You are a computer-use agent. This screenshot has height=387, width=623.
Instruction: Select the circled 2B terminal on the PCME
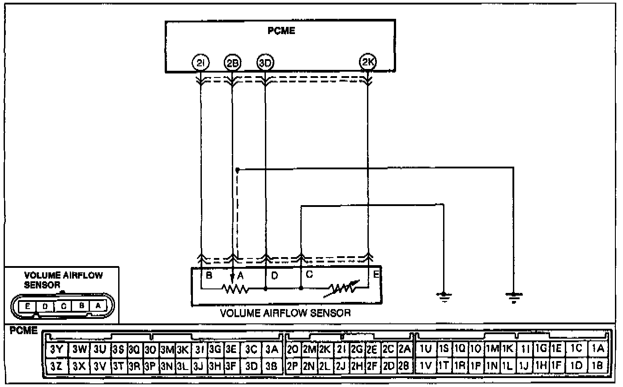[x=232, y=63]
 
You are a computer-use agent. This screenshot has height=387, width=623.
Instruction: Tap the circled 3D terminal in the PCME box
[x=265, y=63]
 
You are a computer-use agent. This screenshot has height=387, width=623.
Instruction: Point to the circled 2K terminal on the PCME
[x=368, y=63]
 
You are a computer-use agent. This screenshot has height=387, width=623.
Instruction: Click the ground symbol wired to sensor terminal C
[x=444, y=296]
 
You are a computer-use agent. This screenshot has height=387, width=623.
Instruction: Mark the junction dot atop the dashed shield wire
[x=238, y=170]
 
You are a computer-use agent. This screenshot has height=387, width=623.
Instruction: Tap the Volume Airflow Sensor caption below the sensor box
[x=285, y=313]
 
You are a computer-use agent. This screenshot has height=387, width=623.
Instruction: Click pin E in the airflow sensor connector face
[x=28, y=306]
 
